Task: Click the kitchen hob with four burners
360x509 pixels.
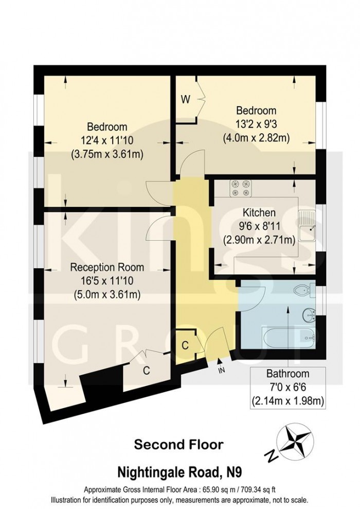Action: tap(240, 188)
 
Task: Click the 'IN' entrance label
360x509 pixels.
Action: tap(221, 369)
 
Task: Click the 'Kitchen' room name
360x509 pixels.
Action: tap(259, 213)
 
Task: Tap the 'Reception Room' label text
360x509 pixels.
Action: tap(107, 268)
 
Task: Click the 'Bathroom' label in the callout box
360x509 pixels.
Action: tap(287, 374)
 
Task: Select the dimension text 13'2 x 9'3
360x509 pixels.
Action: tap(256, 124)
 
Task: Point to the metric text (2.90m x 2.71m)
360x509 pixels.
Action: tap(259, 239)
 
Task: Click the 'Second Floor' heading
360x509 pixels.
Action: tap(178, 444)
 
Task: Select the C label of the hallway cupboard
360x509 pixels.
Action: tap(184, 345)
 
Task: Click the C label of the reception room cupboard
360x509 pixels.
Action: tap(146, 369)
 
